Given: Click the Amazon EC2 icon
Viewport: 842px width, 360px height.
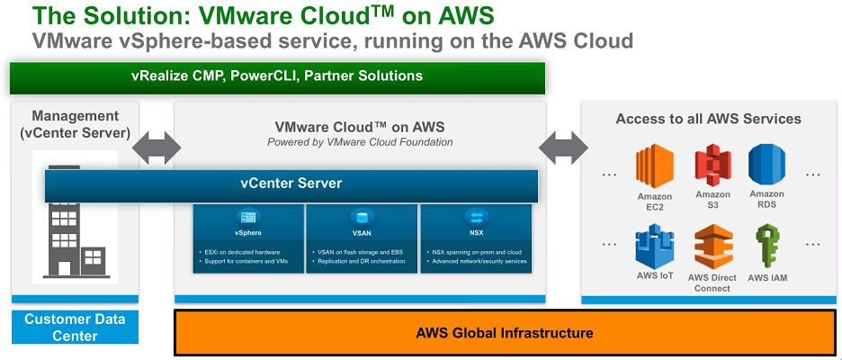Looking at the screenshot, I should [x=654, y=166].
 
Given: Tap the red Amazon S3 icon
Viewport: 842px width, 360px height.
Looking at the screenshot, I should [x=712, y=166].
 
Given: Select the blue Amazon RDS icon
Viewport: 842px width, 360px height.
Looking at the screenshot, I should [x=766, y=166].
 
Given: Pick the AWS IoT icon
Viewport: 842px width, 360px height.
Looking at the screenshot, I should [x=654, y=247].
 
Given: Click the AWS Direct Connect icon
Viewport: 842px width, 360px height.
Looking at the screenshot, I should [x=712, y=247].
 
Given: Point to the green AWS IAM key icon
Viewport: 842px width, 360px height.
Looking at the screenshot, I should [x=766, y=247].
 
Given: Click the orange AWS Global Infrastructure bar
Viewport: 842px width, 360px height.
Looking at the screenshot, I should [x=505, y=333].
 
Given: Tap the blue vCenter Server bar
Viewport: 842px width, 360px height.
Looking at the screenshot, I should [x=291, y=184].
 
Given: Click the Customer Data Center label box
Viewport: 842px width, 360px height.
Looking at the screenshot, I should [x=75, y=328].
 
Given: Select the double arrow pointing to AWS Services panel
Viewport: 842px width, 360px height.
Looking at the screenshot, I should [x=563, y=145].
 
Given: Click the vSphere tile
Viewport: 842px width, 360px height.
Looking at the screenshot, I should [x=247, y=238].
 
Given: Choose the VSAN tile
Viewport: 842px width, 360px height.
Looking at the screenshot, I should [x=362, y=238].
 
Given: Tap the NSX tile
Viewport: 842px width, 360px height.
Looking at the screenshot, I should [x=475, y=238].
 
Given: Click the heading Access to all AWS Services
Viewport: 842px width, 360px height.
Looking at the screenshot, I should [x=708, y=119].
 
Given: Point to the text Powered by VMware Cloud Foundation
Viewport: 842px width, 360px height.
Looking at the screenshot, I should [x=360, y=142].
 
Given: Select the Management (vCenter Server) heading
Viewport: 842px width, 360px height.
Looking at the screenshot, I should [x=75, y=124].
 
